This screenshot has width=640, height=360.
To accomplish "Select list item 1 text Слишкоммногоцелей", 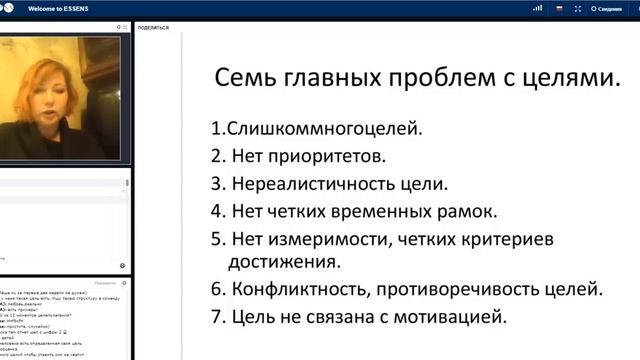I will (x=296, y=129).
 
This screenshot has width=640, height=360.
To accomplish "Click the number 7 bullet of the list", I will (x=216, y=318).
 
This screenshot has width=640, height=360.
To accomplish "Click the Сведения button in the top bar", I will (x=609, y=8).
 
